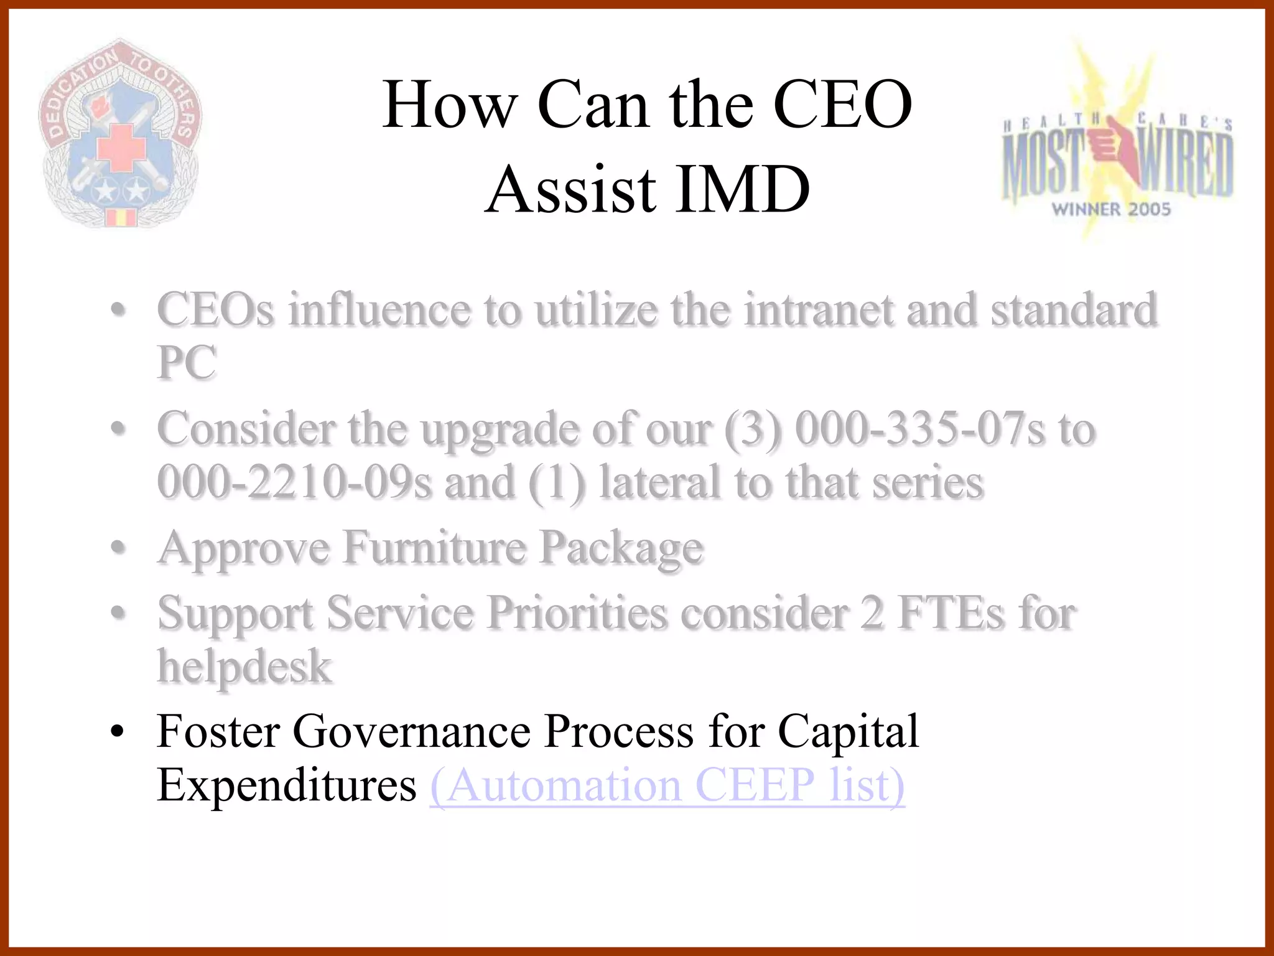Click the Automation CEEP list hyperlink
[x=667, y=785]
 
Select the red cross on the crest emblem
[x=121, y=147]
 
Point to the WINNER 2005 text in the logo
[x=1111, y=209]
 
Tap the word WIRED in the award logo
[x=1185, y=163]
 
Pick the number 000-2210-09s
[x=294, y=482]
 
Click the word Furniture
[x=435, y=548]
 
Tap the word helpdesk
[x=244, y=666]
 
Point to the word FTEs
[x=951, y=613]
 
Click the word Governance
[x=411, y=731]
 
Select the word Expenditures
[x=286, y=785]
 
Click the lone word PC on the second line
[x=187, y=362]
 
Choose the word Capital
[x=848, y=731]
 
